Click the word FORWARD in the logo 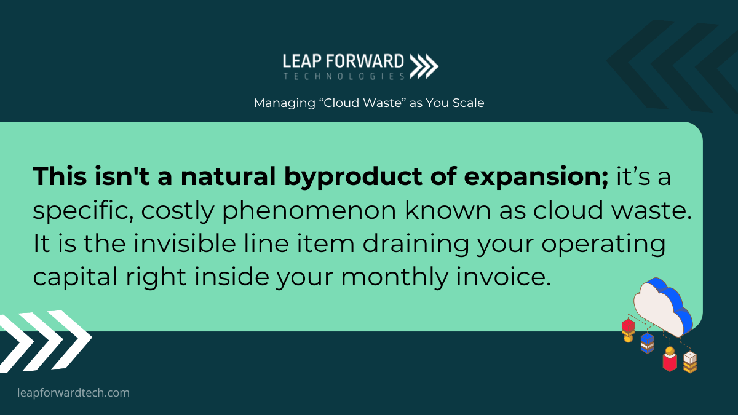click(365, 61)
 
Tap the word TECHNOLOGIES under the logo click(344, 76)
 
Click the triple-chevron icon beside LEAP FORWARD click(424, 66)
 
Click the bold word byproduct click(353, 177)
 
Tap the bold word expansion click(536, 178)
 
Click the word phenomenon click(309, 211)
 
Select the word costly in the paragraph click(178, 211)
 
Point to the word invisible click(184, 243)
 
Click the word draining click(416, 245)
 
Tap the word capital click(75, 277)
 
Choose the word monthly click(394, 277)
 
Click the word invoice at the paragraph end click(504, 277)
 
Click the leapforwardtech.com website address click(73, 393)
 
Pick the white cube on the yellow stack click(690, 358)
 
